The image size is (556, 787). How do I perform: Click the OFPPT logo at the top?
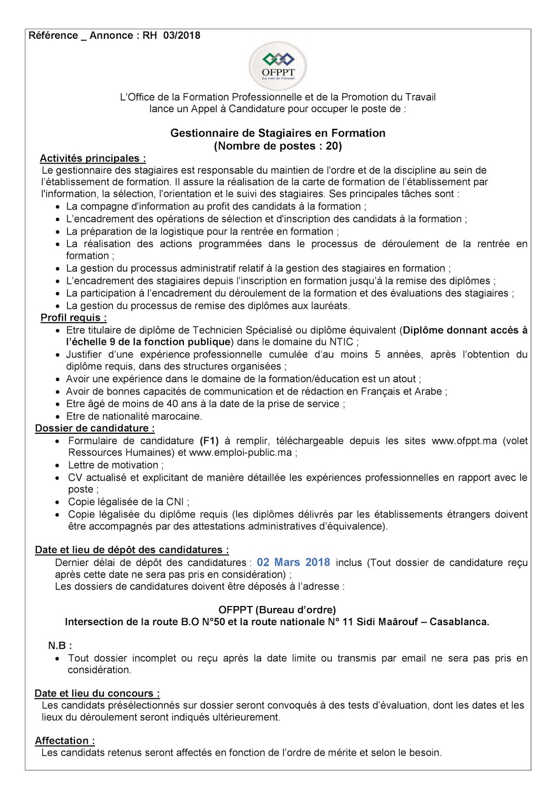click(x=278, y=66)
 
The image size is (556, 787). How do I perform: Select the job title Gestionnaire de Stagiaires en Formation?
click(x=278, y=133)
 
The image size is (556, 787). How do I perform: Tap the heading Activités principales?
click(x=92, y=158)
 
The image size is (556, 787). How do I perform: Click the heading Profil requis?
click(x=73, y=318)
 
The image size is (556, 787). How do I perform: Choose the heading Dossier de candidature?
click(x=94, y=428)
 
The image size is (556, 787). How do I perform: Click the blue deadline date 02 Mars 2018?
click(x=293, y=562)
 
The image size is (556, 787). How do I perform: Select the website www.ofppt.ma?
click(x=464, y=441)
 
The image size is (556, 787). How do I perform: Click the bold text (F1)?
click(x=209, y=441)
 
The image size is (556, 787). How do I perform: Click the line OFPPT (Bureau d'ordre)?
click(x=277, y=610)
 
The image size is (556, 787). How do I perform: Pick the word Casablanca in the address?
click(x=459, y=622)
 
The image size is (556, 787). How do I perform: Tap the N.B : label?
click(x=60, y=645)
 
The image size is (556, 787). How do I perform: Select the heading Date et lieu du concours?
click(x=97, y=694)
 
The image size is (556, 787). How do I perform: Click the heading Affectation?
click(x=64, y=741)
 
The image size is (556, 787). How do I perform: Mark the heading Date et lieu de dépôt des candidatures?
click(x=132, y=550)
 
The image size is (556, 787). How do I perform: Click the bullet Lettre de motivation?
click(x=113, y=465)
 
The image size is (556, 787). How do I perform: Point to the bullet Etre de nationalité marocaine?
click(x=134, y=416)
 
